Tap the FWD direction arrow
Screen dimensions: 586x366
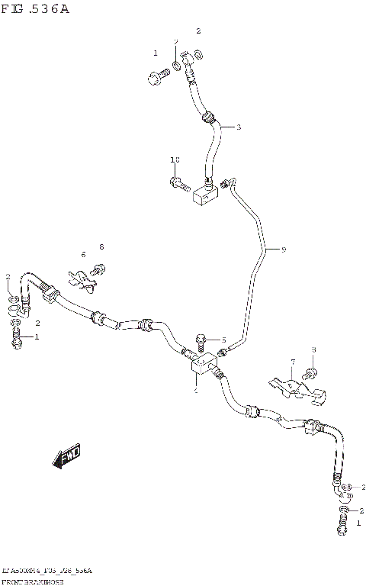pyautogui.click(x=66, y=457)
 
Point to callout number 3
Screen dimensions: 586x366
pyautogui.click(x=238, y=127)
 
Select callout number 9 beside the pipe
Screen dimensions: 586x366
pyautogui.click(x=283, y=250)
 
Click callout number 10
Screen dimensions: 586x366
pyautogui.click(x=175, y=159)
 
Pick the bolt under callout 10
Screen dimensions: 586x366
pyautogui.click(x=179, y=183)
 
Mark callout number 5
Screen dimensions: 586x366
pyautogui.click(x=224, y=340)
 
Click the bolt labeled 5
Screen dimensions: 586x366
pyautogui.click(x=203, y=340)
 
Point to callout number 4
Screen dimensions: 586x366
pyautogui.click(x=195, y=390)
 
